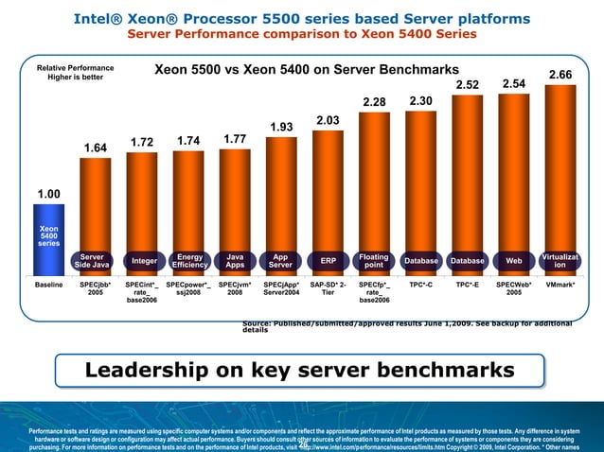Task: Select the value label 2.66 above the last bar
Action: (x=561, y=74)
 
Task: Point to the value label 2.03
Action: (x=328, y=120)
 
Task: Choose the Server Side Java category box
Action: (x=93, y=260)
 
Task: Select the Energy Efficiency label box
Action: (x=188, y=260)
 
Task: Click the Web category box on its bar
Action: (x=514, y=260)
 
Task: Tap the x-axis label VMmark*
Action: (x=561, y=283)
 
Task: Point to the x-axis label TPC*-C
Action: (x=421, y=283)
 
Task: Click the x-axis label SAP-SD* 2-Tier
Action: (x=328, y=287)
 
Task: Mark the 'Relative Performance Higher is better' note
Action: (x=75, y=73)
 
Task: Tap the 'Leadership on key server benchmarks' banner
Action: (x=300, y=369)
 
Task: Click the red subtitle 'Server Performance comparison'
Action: (x=301, y=35)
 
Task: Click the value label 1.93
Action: (x=281, y=128)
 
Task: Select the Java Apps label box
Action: (x=235, y=260)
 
